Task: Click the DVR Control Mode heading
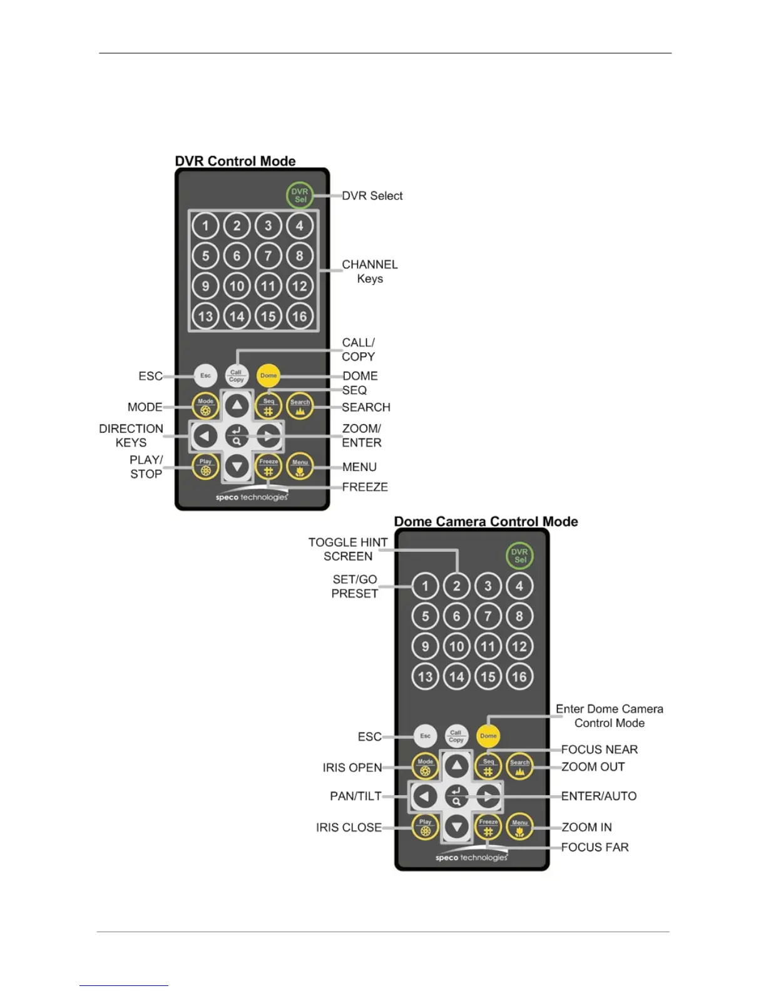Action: (x=235, y=161)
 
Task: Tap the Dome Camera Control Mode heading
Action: (x=486, y=521)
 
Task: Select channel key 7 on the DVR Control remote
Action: (x=268, y=255)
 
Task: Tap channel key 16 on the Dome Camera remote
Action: (x=519, y=676)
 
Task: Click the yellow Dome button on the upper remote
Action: (x=268, y=375)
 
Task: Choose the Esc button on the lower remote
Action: (x=425, y=736)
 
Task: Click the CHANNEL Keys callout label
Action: (x=370, y=272)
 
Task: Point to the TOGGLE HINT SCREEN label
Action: (x=348, y=549)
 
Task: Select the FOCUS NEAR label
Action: (x=599, y=750)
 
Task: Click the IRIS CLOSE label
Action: (x=349, y=827)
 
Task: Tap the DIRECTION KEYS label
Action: (x=131, y=435)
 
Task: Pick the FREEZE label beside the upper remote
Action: (x=365, y=487)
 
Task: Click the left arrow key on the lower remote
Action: (x=425, y=796)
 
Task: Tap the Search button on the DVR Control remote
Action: (x=300, y=406)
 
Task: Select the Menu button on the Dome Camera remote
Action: (x=519, y=826)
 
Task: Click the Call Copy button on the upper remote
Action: (x=237, y=375)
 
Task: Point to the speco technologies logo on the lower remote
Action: (x=471, y=857)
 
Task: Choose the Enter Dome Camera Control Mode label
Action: (x=609, y=716)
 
